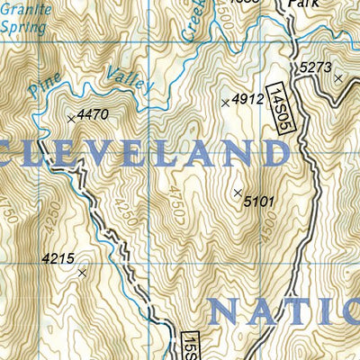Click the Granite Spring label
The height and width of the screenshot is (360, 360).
coord(22,20)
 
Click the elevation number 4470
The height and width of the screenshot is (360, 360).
coord(93,114)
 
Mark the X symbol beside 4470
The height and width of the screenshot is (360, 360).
coord(70,118)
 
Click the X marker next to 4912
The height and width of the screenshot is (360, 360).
coord(225,103)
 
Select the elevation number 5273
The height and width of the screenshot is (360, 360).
coord(316,67)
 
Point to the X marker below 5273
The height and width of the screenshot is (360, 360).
coord(338,78)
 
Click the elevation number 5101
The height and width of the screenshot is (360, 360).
coord(258,202)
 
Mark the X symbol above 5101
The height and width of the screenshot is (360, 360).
coord(238,193)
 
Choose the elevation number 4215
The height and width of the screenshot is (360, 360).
coord(58,258)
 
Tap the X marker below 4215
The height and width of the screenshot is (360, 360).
coord(82,272)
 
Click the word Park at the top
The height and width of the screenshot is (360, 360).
coord(304,4)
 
